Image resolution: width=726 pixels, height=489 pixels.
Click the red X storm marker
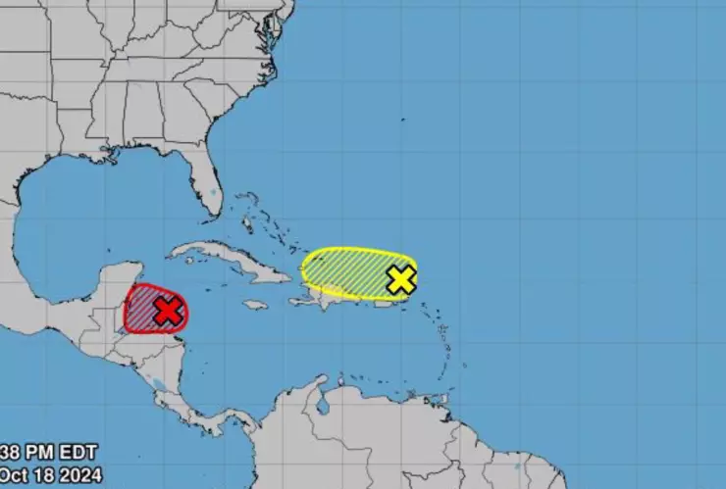(x=169, y=312)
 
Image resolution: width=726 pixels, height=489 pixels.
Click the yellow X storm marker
(x=400, y=279)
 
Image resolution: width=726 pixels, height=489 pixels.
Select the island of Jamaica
(x=255, y=305)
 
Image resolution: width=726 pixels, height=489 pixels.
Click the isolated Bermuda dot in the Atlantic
(x=402, y=120)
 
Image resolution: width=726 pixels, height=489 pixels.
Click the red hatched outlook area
(x=142, y=306)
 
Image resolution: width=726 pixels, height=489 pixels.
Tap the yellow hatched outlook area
(x=343, y=269)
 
